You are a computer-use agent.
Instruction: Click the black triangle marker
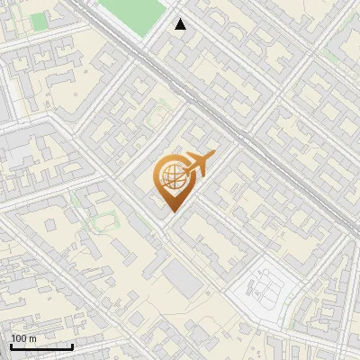[180, 24]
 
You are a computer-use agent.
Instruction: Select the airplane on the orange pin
[196, 164]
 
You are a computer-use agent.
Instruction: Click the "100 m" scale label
[23, 338]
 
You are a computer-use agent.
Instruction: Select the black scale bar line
[41, 346]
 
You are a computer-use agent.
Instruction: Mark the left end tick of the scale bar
[11, 345]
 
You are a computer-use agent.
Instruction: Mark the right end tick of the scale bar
[72, 345]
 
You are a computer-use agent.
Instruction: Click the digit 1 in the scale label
[13, 338]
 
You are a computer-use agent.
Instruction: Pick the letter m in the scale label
[32, 338]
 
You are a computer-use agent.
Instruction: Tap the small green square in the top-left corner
[39, 22]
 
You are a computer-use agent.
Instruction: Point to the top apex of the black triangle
[180, 19]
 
